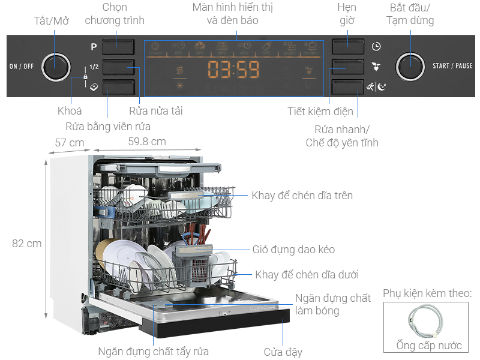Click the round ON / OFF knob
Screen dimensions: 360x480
coord(56,66)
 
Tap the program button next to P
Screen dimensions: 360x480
coord(118,46)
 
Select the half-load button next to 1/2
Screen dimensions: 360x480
coord(118,67)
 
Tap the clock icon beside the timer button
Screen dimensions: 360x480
coord(376,46)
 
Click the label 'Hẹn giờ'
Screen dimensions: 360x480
coord(346,14)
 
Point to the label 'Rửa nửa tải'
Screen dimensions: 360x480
coord(155,110)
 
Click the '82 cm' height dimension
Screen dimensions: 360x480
coord(27,244)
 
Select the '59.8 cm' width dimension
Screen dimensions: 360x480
coord(146,142)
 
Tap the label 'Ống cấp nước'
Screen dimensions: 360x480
coord(429,345)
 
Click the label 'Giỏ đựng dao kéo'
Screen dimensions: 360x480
coord(293,250)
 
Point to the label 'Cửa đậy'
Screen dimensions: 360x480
coord(283,352)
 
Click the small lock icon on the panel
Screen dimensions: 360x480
coord(85,77)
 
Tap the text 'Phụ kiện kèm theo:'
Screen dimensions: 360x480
coord(427,294)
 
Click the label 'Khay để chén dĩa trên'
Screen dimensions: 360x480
coord(302,196)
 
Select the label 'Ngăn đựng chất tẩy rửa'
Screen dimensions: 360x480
coord(154,352)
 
